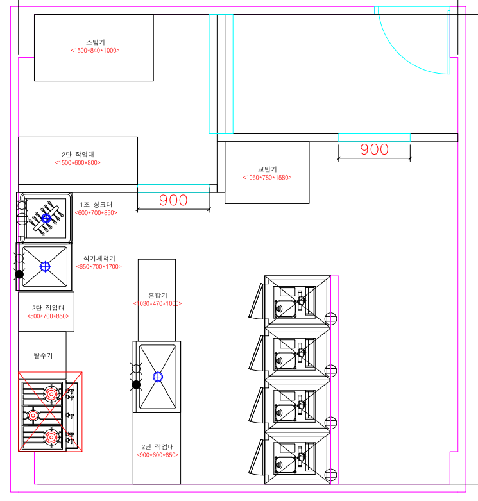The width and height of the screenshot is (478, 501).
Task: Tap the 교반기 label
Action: click(x=267, y=169)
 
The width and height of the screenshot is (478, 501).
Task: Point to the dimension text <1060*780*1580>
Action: click(x=267, y=177)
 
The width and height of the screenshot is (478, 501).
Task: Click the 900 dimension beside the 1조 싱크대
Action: click(x=173, y=200)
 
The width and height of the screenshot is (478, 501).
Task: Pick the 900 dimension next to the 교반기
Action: click(x=374, y=149)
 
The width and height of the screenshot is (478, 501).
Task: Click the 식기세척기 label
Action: click(x=99, y=258)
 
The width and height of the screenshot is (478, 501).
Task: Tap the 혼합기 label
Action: click(x=157, y=295)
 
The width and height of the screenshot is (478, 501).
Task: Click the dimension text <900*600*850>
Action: click(x=157, y=455)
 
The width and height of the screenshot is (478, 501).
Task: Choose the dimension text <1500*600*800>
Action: click(x=78, y=163)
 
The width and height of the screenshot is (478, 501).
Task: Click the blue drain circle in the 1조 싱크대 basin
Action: click(x=46, y=218)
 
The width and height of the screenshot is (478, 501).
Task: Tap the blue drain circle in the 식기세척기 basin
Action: click(x=45, y=266)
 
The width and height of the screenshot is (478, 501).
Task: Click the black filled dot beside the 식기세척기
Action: click(x=20, y=274)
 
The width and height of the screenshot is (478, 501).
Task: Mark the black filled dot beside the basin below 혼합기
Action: click(x=136, y=384)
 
